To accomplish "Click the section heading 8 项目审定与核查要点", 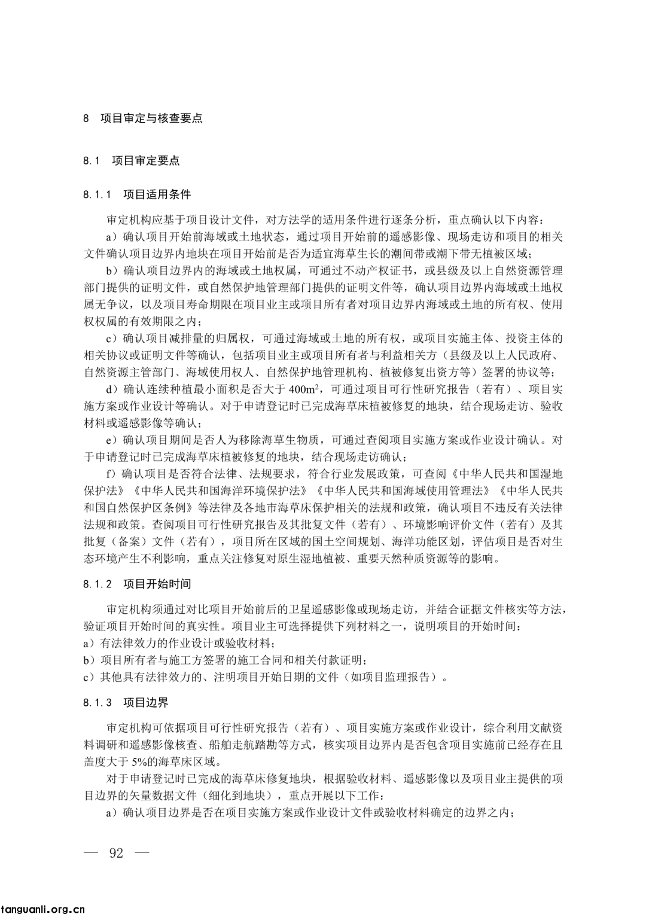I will point(143,118).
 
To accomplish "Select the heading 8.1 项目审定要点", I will point(131,160).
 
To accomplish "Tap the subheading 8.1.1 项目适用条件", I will point(137,195).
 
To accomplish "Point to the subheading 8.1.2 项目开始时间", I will point(137,583).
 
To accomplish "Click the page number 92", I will point(116,852).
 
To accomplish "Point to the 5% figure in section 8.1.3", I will point(149,762).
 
